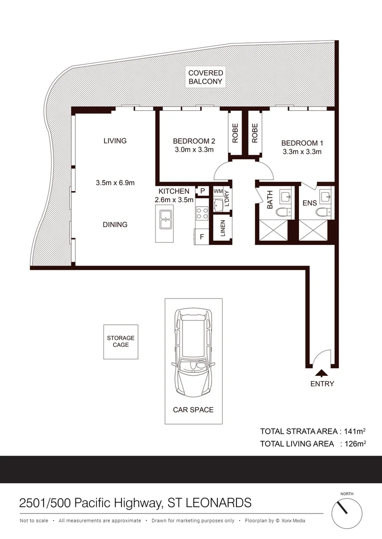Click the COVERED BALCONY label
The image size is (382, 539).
[205, 77]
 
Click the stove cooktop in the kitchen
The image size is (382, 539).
[202, 214]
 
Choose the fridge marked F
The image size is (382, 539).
[201, 237]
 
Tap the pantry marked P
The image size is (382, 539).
[203, 191]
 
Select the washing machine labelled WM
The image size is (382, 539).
[218, 191]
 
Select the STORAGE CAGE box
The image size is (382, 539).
[120, 341]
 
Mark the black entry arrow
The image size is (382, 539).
[321, 372]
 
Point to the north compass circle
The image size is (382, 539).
[346, 510]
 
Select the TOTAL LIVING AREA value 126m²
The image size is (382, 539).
[353, 443]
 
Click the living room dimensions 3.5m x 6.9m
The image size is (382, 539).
[115, 183]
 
